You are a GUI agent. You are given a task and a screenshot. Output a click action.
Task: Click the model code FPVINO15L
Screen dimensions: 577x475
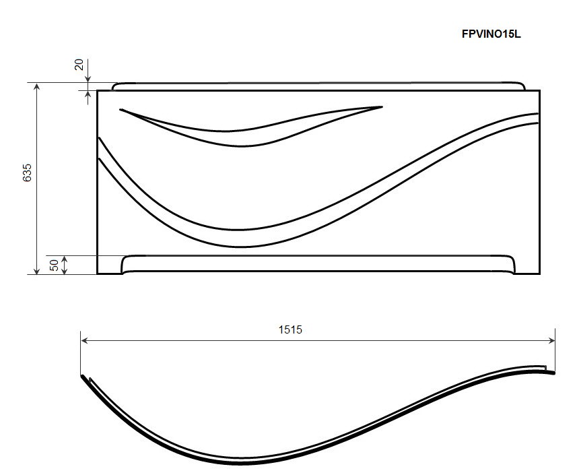(491, 34)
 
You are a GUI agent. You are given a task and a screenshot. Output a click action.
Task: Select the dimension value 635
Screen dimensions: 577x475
(27, 172)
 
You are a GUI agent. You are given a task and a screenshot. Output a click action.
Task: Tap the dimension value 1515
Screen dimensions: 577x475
(290, 329)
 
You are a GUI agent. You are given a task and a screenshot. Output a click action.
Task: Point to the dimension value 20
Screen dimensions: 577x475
(79, 65)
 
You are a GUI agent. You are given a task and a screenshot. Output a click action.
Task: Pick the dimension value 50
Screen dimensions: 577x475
(54, 265)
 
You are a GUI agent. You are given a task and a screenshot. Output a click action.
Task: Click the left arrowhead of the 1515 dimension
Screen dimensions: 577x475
(84, 341)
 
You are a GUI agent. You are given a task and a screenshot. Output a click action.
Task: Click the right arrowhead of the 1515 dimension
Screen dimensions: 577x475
(551, 341)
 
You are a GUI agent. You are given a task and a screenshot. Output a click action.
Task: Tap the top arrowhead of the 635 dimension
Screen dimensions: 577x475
(36, 87)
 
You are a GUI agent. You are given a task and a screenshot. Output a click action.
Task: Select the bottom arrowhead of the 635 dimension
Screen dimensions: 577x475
(36, 271)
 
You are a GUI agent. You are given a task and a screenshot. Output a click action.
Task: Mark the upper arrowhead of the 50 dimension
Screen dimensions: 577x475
(65, 259)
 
